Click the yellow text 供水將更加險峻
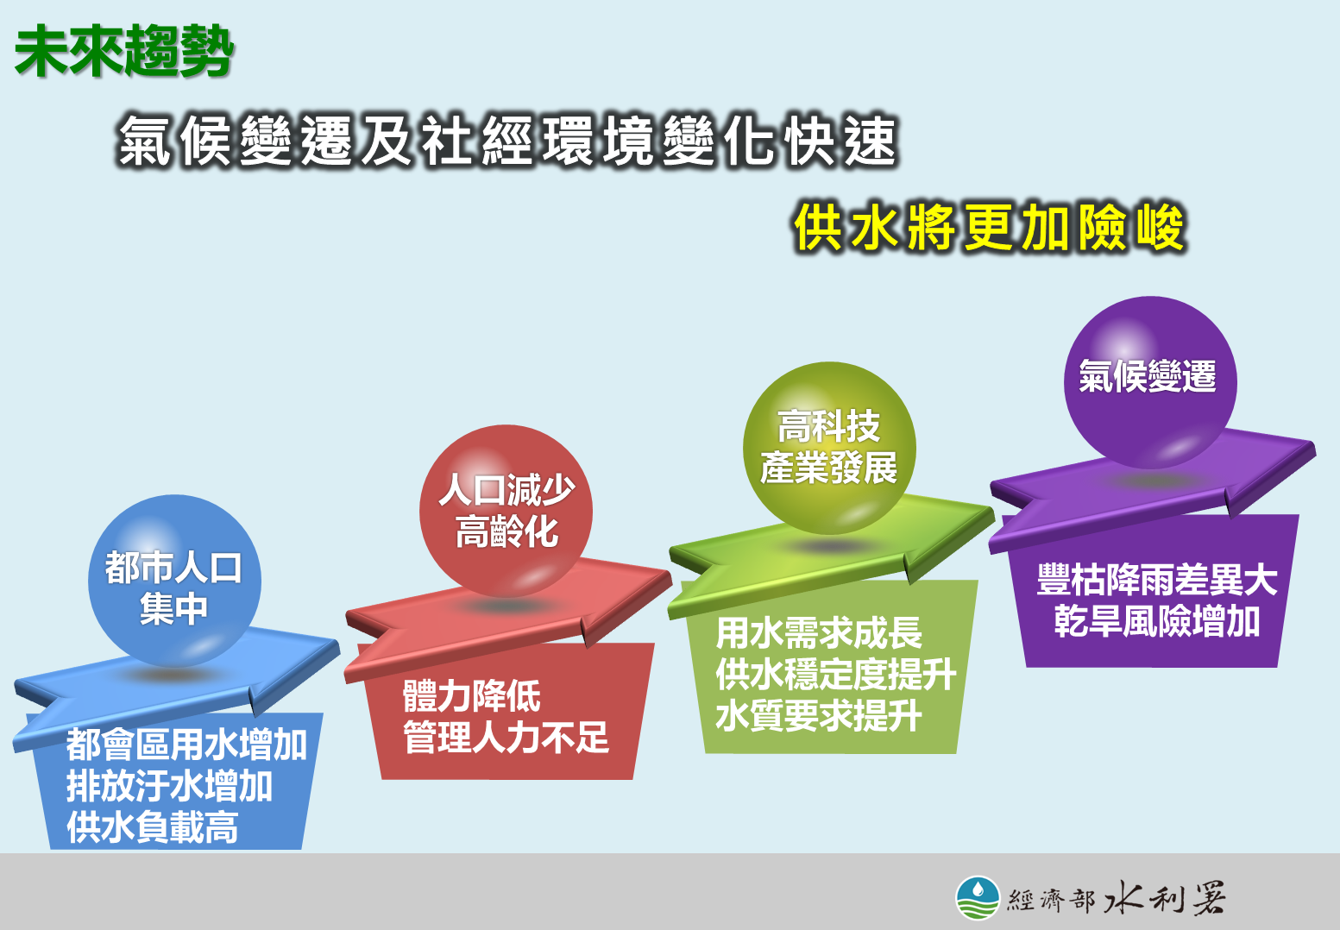pos(990,228)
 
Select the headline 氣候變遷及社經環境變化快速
pos(507,141)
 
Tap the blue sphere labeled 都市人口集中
pos(174,581)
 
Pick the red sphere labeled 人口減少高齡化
pos(506,511)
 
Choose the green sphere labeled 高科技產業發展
pos(829,448)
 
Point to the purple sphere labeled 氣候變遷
pos(1150,383)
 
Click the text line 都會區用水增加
pos(186,745)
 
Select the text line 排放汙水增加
pos(170,786)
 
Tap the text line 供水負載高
pos(153,827)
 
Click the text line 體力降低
pos(471,695)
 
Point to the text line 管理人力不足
pos(506,737)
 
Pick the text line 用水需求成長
pos(818,632)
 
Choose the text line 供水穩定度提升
pos(836,674)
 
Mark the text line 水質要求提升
pos(818,715)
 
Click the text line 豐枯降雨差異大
pos(1157,579)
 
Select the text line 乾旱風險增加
pos(1157,621)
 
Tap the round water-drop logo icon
pos(978,898)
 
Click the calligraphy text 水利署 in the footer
pos(1164,898)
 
